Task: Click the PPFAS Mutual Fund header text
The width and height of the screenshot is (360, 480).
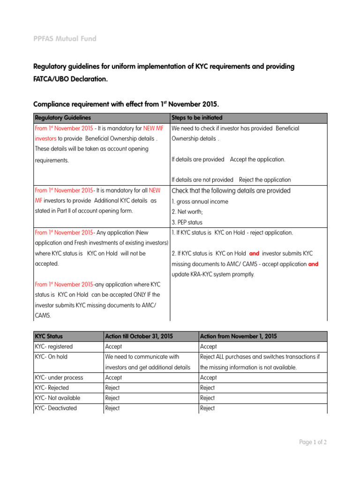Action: pyautogui.click(x=65, y=38)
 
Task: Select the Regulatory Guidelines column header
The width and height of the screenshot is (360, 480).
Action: pyautogui.click(x=63, y=118)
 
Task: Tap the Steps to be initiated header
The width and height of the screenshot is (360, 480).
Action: pyautogui.click(x=197, y=118)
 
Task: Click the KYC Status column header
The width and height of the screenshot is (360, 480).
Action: pyautogui.click(x=49, y=336)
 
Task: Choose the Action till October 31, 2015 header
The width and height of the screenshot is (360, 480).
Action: pyautogui.click(x=139, y=336)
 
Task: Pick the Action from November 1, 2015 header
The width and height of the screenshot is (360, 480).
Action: pyautogui.click(x=238, y=336)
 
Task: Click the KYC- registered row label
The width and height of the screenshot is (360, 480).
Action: pyautogui.click(x=54, y=346)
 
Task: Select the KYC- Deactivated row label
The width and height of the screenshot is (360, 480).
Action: pyautogui.click(x=56, y=408)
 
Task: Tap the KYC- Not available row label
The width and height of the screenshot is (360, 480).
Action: pyautogui.click(x=57, y=398)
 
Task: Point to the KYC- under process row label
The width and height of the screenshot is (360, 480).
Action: pyautogui.click(x=59, y=377)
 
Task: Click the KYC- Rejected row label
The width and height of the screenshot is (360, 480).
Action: pyautogui.click(x=52, y=388)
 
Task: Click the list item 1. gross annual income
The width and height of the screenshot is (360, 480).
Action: pyautogui.click(x=200, y=202)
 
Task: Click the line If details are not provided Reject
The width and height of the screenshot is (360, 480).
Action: pyautogui.click(x=231, y=180)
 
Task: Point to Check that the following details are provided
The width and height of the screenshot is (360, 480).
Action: pyautogui.click(x=231, y=191)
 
